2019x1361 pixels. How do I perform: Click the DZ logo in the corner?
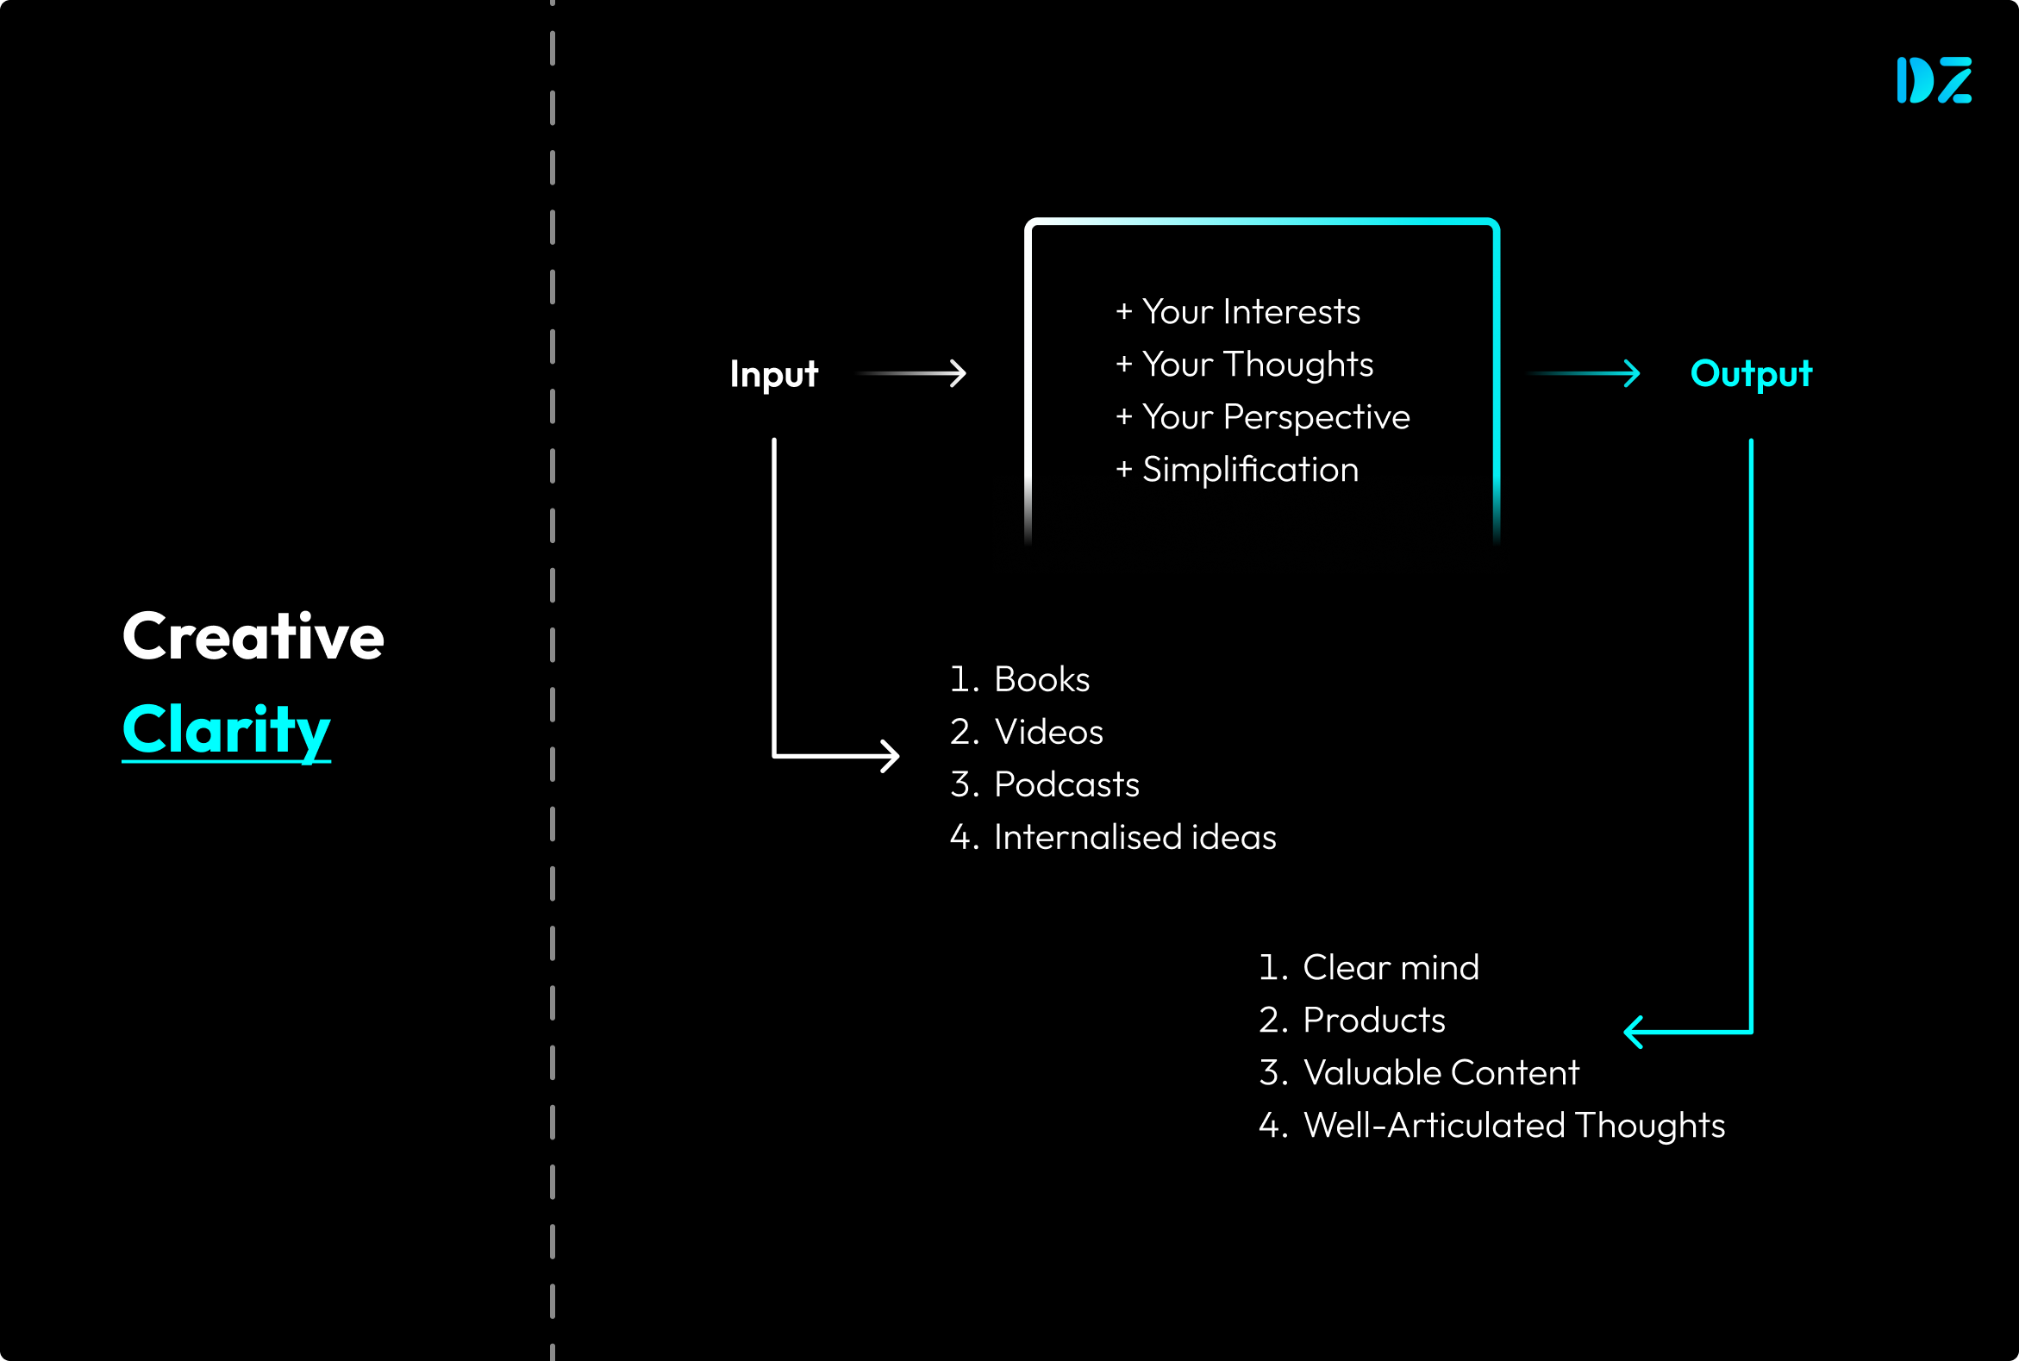pos(1934,81)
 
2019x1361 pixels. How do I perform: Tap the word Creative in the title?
pos(253,637)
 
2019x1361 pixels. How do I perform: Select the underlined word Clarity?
pos(227,730)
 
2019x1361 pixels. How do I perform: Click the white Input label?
pos(773,374)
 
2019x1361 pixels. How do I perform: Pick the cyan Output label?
pos(1751,374)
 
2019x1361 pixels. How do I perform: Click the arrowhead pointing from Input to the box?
pos(959,374)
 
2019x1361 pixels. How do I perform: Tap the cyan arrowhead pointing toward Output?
pos(1632,374)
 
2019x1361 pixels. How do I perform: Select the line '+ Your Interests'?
pos(1238,312)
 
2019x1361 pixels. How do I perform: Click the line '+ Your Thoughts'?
pos(1244,365)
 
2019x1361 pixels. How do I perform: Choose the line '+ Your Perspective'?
pos(1262,417)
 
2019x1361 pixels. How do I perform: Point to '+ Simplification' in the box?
pos(1237,470)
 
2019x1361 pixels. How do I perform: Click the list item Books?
pos(1041,679)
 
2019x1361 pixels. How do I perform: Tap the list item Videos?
pos(1047,733)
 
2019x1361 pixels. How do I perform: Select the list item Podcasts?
pos(1066,784)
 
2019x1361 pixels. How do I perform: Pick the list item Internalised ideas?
pos(1135,838)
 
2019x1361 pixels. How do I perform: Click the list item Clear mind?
pos(1390,968)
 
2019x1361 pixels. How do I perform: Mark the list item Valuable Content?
pos(1440,1073)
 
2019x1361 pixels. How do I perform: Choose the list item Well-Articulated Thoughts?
pos(1513,1126)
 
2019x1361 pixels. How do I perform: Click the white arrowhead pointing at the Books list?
pos(891,756)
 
